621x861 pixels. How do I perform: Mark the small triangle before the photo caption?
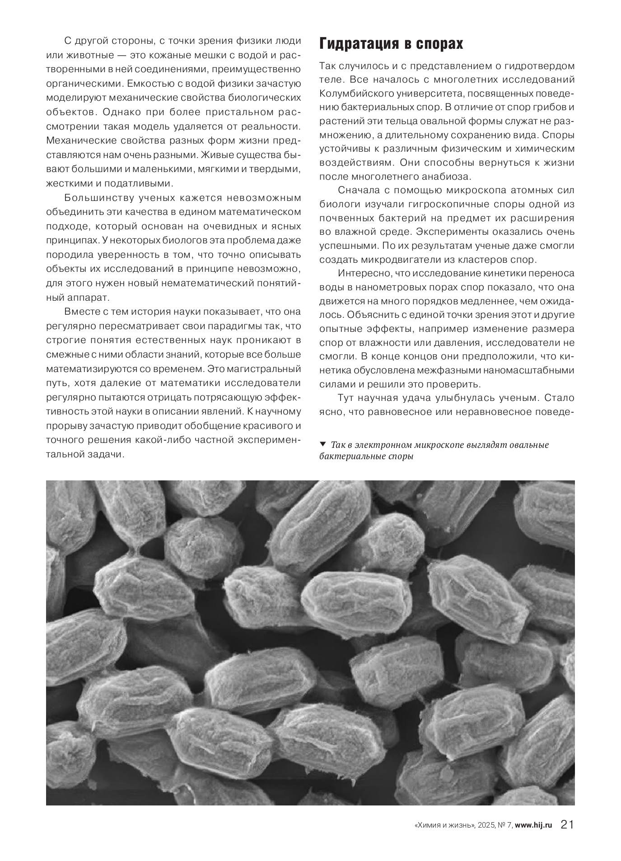pyautogui.click(x=322, y=444)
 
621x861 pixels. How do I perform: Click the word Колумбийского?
pyautogui.click(x=353, y=93)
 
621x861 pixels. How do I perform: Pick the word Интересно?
pyautogui.click(x=364, y=274)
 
